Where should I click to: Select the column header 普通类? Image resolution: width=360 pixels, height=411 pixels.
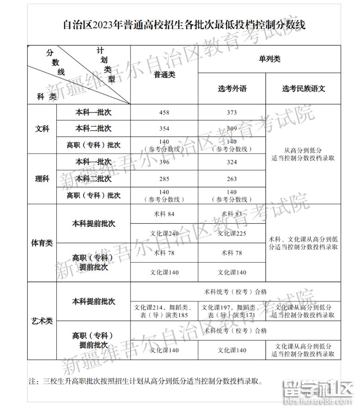tap(164, 75)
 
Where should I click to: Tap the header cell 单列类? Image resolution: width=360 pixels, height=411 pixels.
tap(269, 59)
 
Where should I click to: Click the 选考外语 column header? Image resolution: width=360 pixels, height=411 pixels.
tap(232, 88)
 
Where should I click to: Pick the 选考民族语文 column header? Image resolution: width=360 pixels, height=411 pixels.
tap(303, 88)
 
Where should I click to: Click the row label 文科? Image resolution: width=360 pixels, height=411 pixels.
tap(42, 129)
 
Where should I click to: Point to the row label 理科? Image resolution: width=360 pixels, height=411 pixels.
tap(42, 179)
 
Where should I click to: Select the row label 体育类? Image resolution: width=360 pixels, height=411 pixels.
tap(42, 243)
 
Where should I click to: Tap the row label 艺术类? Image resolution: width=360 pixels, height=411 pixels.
tap(42, 321)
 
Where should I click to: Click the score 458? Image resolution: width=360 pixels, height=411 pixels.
tap(164, 112)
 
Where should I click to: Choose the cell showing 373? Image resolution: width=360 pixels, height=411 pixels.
tap(232, 112)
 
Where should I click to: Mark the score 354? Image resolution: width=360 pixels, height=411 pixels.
tap(164, 129)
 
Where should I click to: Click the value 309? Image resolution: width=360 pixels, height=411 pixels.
tap(232, 129)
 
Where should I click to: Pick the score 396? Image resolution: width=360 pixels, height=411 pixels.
tap(164, 162)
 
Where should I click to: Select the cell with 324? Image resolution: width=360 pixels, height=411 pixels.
tap(232, 162)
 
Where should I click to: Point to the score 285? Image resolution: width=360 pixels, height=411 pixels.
tap(164, 179)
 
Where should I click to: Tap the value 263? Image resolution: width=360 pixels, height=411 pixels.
tap(232, 179)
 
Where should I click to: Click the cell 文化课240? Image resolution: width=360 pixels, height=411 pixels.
tap(164, 233)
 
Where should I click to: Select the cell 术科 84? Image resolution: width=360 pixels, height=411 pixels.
tap(164, 214)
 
